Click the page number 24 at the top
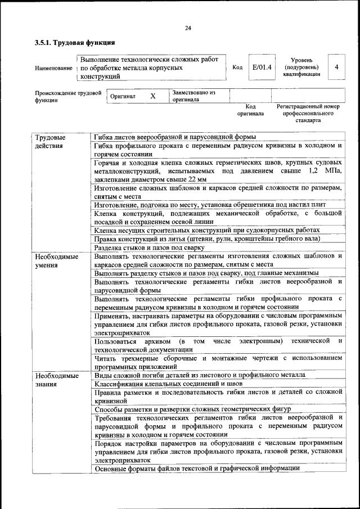coord(187,29)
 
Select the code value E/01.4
coord(262,67)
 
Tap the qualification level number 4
coord(336,67)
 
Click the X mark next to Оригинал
coord(152,96)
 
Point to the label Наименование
coord(53,68)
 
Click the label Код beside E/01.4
coord(237,68)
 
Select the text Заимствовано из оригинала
coord(194,96)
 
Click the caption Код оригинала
coord(250,110)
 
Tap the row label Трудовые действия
coord(49,142)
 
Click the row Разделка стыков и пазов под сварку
coord(150,247)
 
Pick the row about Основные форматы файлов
coord(197,468)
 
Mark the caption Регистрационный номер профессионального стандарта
coord(308,113)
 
